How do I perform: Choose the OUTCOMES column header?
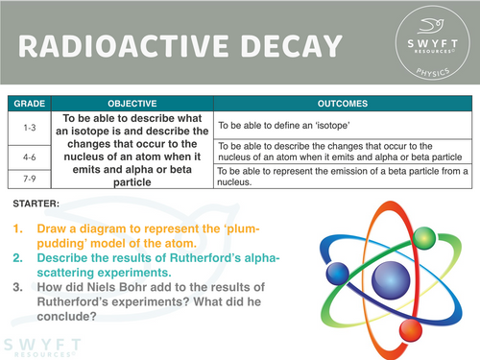(x=343, y=100)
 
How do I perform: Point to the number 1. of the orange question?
(x=18, y=230)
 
